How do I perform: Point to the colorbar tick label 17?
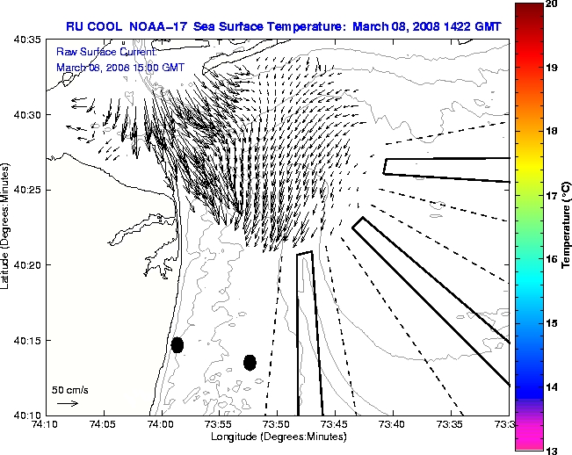coord(551,195)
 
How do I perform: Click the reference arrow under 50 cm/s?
coord(67,403)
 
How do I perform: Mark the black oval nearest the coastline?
coord(177,344)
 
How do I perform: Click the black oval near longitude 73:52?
coord(250,362)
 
